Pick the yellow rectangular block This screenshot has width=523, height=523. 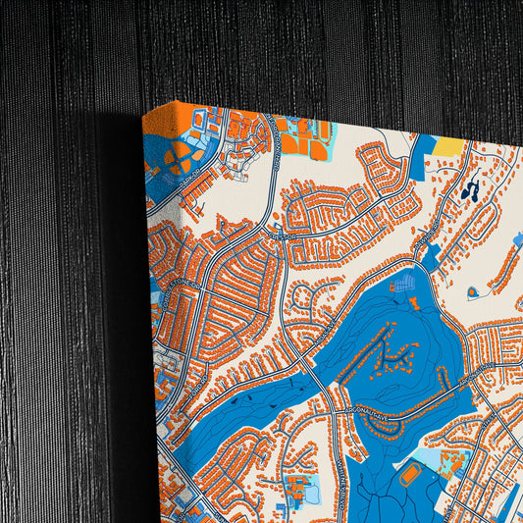tap(448, 146)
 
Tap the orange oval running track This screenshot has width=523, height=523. tap(411, 473)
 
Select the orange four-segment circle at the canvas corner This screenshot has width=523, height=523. tap(180, 158)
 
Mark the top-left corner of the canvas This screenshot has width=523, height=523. tap(144, 111)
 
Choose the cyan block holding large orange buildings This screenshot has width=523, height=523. tap(305, 138)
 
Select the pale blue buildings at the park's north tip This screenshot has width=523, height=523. tap(403, 284)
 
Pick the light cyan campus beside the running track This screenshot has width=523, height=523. tap(446, 459)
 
